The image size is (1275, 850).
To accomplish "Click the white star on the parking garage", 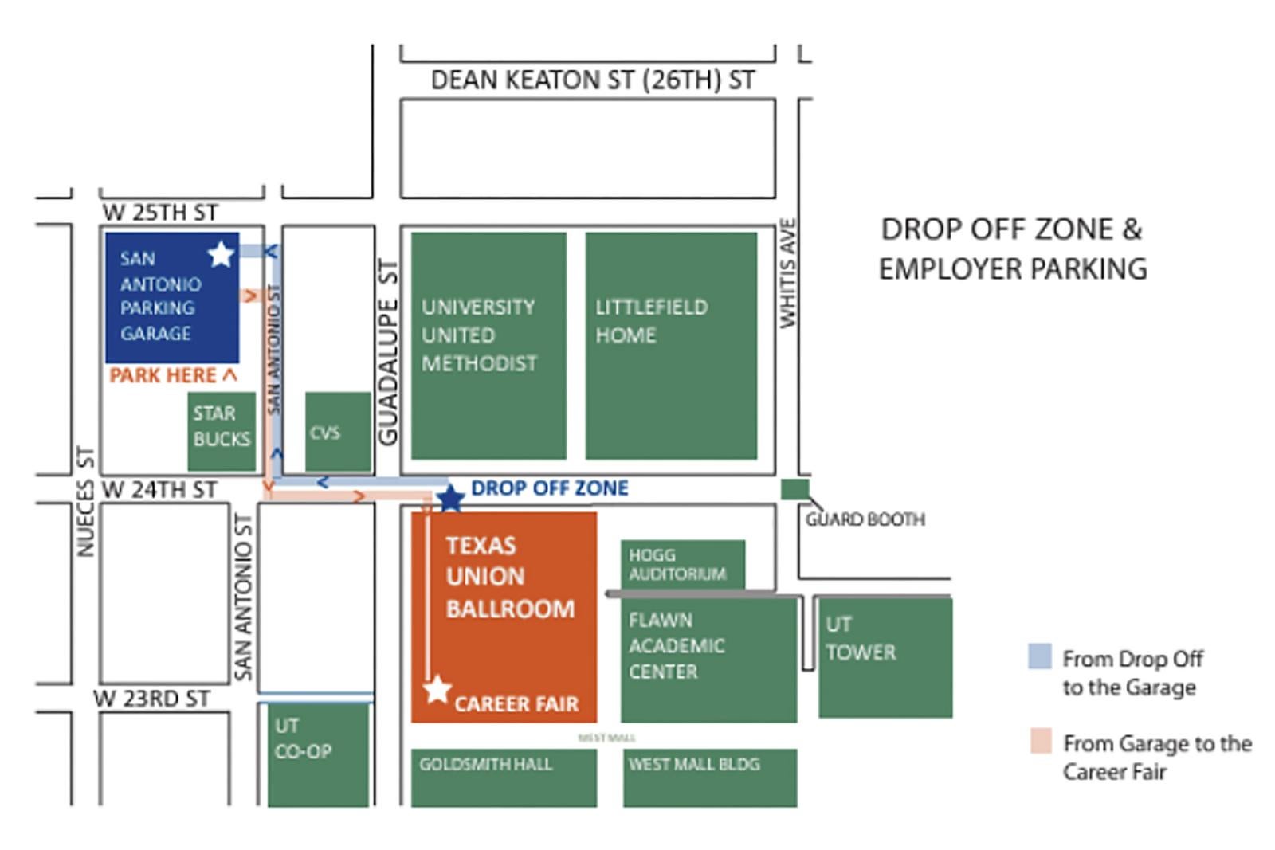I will tap(221, 254).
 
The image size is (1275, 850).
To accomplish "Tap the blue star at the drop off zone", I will tap(451, 499).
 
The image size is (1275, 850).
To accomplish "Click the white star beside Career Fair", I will tap(437, 689).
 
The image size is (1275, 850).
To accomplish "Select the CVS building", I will tap(338, 432).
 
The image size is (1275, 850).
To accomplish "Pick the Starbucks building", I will tap(222, 431).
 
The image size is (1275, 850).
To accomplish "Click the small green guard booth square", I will tap(794, 489).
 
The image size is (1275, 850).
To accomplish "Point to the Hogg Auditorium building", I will tap(683, 564).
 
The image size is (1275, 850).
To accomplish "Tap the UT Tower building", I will tap(885, 657).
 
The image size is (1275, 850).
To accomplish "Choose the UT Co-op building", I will tap(318, 753).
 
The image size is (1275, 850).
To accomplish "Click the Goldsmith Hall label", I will tap(485, 764).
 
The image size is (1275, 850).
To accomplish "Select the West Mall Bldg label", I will tap(693, 764).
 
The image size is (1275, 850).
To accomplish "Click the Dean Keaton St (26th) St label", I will tap(592, 80).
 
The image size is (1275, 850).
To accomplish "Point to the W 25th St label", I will tap(160, 213).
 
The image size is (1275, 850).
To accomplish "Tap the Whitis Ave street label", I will tap(788, 273).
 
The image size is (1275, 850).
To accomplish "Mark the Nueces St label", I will tap(85, 502).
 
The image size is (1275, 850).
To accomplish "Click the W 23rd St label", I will tap(152, 699).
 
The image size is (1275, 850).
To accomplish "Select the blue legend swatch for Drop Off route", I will tap(1040, 656).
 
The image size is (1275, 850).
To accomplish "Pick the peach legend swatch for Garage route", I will tap(1040, 741).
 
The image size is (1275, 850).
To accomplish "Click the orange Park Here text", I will tap(173, 375).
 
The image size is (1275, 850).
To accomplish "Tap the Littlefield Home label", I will tap(651, 320).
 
